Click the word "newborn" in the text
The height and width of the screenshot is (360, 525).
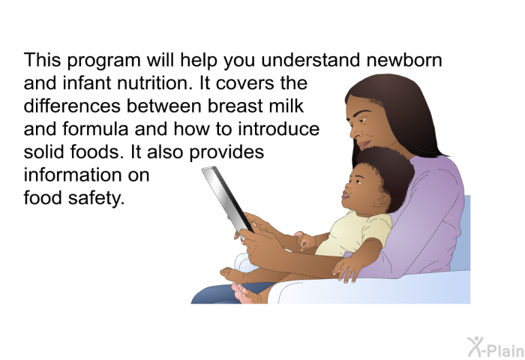(404, 60)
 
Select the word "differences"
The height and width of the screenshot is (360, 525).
(72, 106)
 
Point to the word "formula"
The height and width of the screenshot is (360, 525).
(95, 129)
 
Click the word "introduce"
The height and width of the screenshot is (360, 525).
(278, 129)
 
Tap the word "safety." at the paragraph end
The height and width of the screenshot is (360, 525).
(97, 198)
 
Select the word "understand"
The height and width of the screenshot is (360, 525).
(311, 60)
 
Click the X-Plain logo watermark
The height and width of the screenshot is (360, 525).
(496, 347)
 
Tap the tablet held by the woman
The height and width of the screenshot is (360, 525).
(227, 199)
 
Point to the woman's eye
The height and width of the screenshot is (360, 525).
(364, 119)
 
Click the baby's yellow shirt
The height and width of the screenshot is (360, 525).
(355, 233)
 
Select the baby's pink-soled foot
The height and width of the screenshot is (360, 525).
(241, 293)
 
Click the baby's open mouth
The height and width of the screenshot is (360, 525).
(345, 194)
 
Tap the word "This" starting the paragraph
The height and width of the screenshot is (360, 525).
(43, 60)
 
